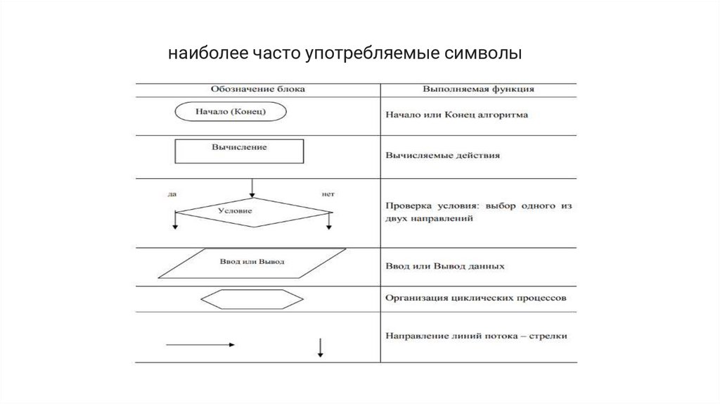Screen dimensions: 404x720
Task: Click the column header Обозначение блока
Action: click(x=258, y=89)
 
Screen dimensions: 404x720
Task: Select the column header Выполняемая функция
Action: click(x=478, y=89)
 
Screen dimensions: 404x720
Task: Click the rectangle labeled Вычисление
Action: click(x=239, y=151)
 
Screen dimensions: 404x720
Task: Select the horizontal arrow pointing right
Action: click(x=200, y=345)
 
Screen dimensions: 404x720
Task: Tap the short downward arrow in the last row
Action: click(x=321, y=347)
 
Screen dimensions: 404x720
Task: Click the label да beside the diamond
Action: click(x=172, y=193)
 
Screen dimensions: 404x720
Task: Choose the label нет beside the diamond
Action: click(x=327, y=193)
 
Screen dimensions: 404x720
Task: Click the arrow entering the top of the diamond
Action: click(x=252, y=187)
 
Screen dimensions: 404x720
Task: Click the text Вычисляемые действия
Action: click(x=443, y=155)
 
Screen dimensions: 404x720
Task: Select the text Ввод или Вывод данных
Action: click(x=445, y=267)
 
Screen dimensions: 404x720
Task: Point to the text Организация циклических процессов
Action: click(x=475, y=298)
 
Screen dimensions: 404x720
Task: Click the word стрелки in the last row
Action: click(x=549, y=336)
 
